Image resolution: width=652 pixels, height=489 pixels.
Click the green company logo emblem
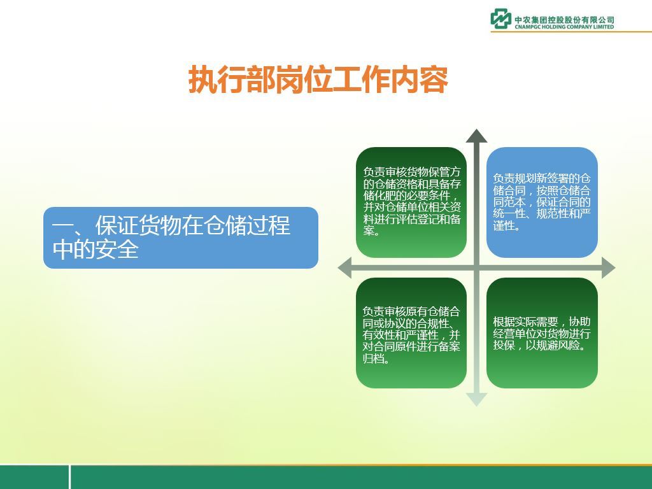pos(500,18)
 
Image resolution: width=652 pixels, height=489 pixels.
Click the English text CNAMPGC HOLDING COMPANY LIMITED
pos(564,27)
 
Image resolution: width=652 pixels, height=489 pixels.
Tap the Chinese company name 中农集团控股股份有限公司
pos(564,20)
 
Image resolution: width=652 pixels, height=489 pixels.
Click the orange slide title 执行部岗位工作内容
pos(318,80)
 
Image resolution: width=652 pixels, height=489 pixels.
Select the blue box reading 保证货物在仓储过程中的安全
pos(181,237)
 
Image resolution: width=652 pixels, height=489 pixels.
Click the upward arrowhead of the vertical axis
pos(476,136)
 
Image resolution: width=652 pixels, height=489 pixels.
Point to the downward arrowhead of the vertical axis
pos(476,399)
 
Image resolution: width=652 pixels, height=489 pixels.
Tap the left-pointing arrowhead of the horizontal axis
pos(344,267)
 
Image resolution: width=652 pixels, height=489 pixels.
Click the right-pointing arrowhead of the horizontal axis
pos(608,267)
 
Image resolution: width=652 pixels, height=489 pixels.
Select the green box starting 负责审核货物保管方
pos(411,202)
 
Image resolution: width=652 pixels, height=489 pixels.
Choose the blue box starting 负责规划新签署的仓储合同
pos(542,202)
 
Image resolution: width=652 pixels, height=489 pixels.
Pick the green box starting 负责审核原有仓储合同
pos(411,333)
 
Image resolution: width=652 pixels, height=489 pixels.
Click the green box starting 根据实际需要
pos(542,333)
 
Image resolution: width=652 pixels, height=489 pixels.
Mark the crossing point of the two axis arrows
pos(476,267)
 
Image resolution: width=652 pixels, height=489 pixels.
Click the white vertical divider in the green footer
pos(69,477)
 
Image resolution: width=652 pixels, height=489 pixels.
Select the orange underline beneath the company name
pos(571,31)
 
